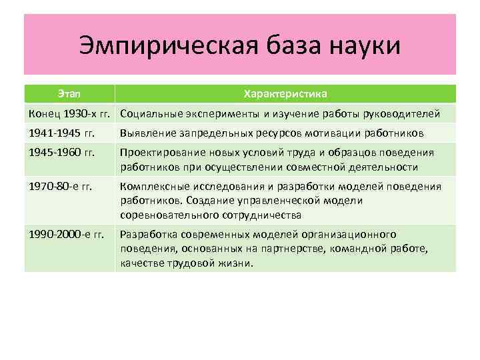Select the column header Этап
(x=69, y=93)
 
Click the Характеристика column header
(x=285, y=93)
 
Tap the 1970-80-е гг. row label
(x=61, y=185)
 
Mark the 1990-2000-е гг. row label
(x=66, y=234)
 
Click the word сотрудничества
(x=259, y=215)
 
